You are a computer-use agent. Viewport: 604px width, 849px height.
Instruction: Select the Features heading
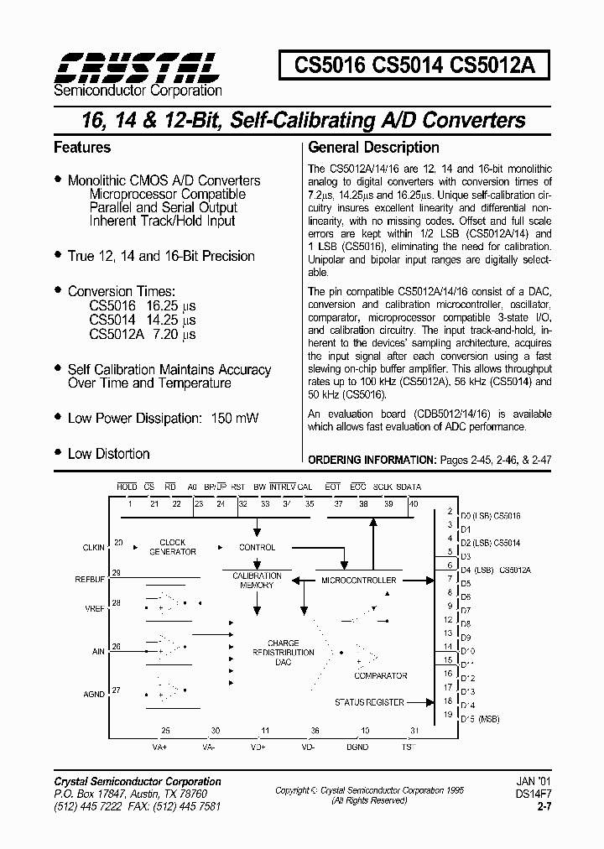82,148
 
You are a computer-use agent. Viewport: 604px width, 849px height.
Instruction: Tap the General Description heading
374,148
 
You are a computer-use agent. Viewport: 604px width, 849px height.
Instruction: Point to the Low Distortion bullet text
108,454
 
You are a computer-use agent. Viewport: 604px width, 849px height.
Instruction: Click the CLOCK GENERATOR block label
173,547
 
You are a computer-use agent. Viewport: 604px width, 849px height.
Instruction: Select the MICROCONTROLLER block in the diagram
360,580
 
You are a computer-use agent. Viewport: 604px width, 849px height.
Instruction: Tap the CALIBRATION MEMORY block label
257,581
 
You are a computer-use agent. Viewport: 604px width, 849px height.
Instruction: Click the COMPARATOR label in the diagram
381,675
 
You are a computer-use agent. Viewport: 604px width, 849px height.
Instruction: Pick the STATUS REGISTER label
369,702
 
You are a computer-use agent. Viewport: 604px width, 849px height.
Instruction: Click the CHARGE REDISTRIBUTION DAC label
283,653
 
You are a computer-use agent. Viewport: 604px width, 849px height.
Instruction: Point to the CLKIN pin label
94,548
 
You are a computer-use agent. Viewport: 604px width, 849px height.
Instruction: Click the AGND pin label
94,695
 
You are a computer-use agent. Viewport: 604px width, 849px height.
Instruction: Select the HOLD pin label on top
127,487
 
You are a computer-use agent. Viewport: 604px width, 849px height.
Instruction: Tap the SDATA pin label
409,487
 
